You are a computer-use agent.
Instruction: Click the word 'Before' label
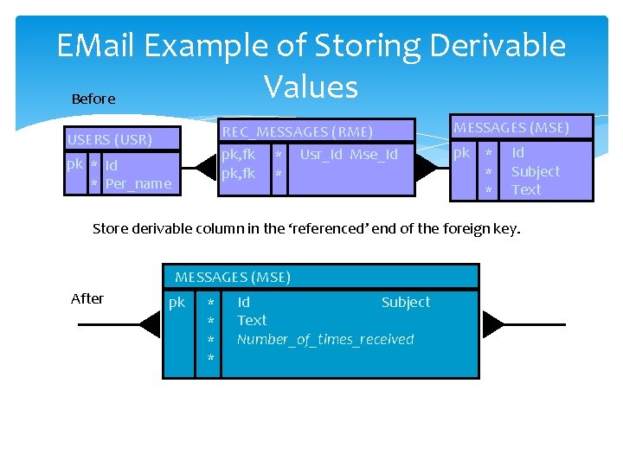point(93,99)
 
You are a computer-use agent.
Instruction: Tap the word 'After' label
point(87,298)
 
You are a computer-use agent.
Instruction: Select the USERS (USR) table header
point(110,139)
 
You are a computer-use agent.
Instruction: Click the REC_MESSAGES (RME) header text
point(298,131)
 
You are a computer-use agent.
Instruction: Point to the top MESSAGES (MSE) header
point(511,128)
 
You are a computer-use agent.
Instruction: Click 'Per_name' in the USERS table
point(138,183)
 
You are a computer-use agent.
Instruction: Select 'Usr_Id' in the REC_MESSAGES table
point(322,155)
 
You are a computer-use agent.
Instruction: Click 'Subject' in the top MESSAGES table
point(536,171)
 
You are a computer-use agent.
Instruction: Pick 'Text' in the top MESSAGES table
point(526,189)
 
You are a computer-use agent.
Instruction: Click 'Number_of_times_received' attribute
point(325,339)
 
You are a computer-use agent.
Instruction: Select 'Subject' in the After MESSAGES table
point(405,302)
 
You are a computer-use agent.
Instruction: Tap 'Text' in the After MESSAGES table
point(252,320)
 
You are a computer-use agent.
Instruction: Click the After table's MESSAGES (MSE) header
point(233,277)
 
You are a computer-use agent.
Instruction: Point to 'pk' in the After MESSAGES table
point(177,303)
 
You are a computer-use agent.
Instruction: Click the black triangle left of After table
point(151,324)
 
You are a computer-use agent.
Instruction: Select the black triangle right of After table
point(492,324)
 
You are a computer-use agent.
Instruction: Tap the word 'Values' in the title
point(311,86)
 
